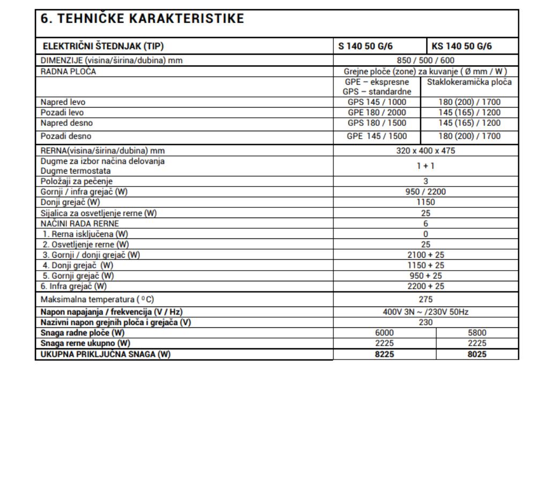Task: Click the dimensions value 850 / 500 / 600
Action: click(426, 61)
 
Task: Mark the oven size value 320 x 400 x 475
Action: click(426, 150)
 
